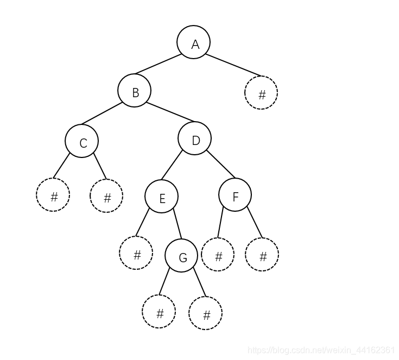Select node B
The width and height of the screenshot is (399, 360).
(134, 91)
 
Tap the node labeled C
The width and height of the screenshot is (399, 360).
(81, 141)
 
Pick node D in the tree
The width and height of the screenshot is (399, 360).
(194, 138)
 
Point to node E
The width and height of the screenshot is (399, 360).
(161, 197)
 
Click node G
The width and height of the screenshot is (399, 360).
(181, 256)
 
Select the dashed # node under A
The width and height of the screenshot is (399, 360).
(261, 93)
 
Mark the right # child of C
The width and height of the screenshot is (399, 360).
(106, 196)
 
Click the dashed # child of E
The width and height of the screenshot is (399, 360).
(136, 253)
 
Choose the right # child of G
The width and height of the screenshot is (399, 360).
(206, 313)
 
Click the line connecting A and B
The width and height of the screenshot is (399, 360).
(159, 64)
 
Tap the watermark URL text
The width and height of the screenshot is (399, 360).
(321, 349)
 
